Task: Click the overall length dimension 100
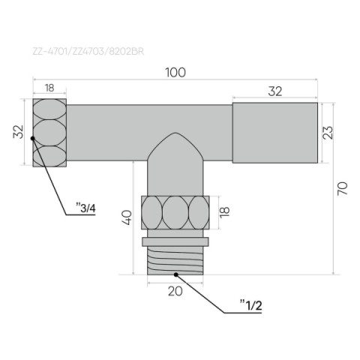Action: click(x=175, y=73)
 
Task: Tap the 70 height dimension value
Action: click(x=342, y=189)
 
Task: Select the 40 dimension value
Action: click(x=127, y=217)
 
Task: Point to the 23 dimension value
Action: click(x=328, y=133)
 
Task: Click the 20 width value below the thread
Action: click(x=175, y=291)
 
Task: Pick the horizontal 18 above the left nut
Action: click(x=49, y=88)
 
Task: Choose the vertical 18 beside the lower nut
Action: click(x=224, y=212)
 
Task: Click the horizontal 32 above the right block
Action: click(x=275, y=91)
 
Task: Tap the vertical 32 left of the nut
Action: click(x=18, y=132)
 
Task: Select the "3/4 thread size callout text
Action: click(x=85, y=208)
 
